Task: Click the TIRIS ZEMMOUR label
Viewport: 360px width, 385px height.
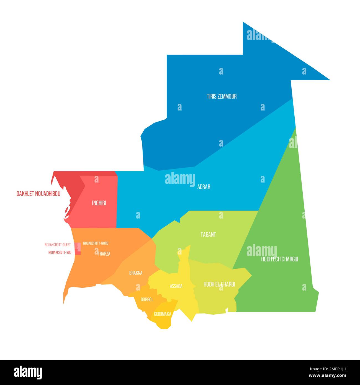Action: tap(222, 96)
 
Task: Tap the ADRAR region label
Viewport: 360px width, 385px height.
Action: tap(204, 187)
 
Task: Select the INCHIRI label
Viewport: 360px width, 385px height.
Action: tap(99, 203)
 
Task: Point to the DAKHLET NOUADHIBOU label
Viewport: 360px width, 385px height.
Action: tap(38, 194)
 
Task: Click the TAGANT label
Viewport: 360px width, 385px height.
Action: tap(208, 235)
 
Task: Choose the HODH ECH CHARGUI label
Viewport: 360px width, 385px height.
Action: tap(279, 260)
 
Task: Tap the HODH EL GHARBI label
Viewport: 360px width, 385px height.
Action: tap(219, 284)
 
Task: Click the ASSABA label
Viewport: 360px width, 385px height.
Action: tap(176, 286)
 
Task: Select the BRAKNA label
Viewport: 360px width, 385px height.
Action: tap(136, 273)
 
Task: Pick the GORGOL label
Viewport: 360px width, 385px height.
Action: tap(147, 300)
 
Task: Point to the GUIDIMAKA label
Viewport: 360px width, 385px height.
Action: tap(162, 314)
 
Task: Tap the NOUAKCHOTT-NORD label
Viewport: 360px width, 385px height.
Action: tap(96, 243)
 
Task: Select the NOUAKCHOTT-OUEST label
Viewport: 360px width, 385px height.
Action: tap(58, 245)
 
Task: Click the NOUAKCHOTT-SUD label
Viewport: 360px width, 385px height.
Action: tap(60, 252)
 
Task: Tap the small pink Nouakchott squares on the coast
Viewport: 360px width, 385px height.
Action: tap(79, 248)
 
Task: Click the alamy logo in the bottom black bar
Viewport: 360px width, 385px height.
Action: tap(28, 373)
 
